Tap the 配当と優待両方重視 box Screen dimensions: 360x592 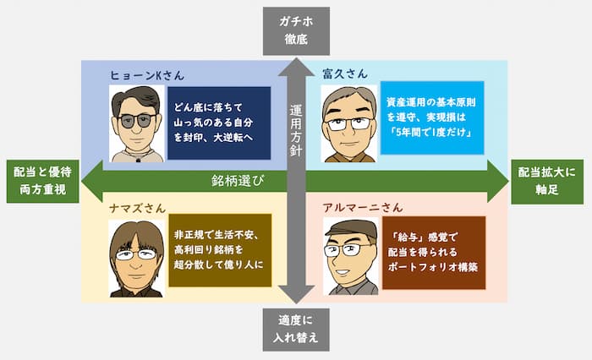40,182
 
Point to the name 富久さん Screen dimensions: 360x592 345,74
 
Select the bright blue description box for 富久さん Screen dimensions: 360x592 432,117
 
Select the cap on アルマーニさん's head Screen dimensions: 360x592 349,229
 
